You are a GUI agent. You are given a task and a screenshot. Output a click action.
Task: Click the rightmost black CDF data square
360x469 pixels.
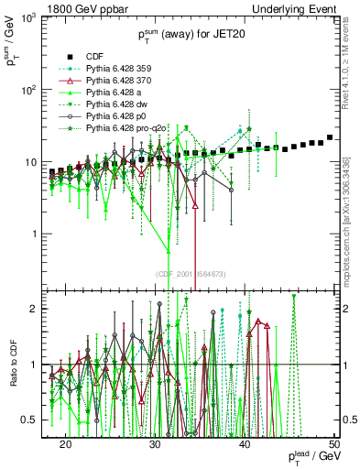click(x=330, y=137)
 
